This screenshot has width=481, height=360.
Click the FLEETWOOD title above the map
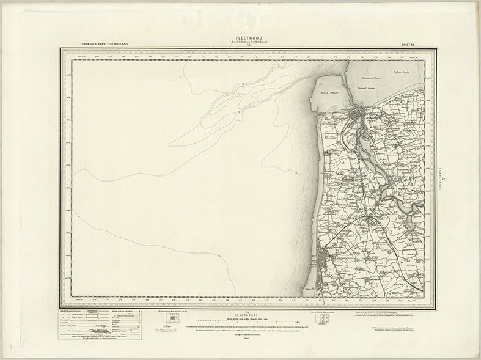pos(240,38)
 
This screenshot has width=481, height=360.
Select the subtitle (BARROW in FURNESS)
pos(240,42)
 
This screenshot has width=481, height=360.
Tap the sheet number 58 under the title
pos(240,46)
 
